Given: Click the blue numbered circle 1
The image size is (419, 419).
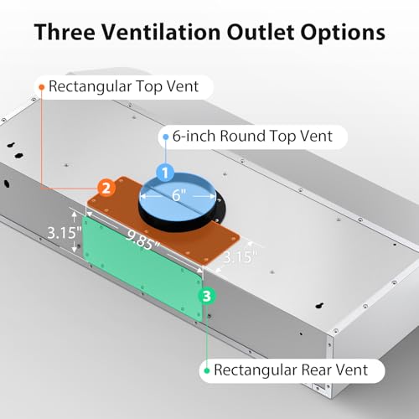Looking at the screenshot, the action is point(165,173).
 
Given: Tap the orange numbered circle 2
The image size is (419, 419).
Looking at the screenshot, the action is point(106,188).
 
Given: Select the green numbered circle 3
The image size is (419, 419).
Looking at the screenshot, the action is point(207,296).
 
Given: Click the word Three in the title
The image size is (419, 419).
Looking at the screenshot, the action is point(65,32).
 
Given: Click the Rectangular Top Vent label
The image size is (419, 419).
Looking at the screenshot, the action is point(123,86).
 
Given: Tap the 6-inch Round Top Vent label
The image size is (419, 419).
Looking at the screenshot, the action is point(252,137).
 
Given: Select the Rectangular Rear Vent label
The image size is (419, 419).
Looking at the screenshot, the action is point(291,370).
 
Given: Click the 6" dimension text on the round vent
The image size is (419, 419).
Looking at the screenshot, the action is point(178,195).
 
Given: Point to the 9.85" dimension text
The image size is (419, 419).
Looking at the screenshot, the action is point(142,241).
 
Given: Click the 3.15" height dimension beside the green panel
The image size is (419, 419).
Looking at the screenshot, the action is point(64,233).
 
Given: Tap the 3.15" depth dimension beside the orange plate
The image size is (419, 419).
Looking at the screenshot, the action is point(240,257).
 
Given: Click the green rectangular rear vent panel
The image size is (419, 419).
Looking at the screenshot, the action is point(142,268).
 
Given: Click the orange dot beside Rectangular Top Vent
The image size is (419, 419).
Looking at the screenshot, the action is point(42,87).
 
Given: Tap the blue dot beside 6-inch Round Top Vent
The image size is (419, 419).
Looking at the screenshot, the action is point(166,137).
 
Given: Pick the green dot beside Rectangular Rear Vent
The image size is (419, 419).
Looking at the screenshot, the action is point(207,370).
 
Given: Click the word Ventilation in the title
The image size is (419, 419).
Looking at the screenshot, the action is point(161,32).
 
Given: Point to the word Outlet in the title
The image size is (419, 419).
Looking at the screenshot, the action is point(261,32).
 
